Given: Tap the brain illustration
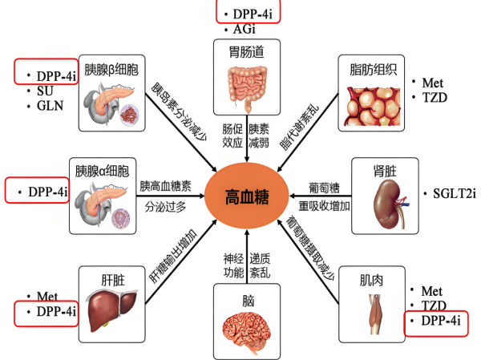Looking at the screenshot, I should tap(245, 326).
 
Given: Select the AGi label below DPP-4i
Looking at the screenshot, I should tap(245, 30).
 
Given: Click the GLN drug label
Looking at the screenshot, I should tap(49, 105).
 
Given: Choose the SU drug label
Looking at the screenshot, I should tap(44, 91).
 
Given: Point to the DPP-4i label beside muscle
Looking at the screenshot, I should tap(436, 321).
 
